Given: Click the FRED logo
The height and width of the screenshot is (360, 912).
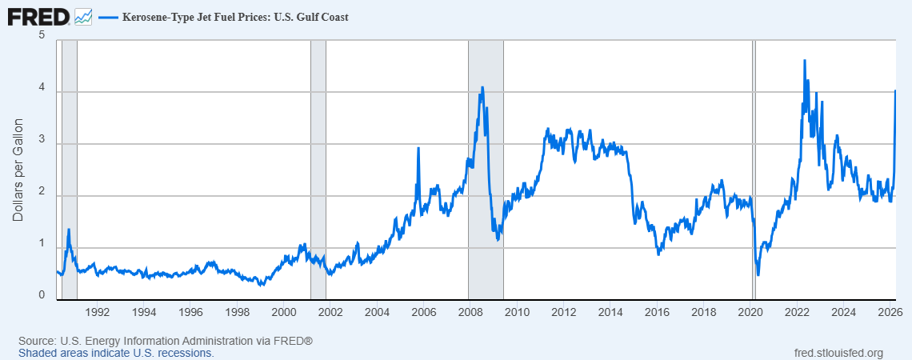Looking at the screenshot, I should [x=38, y=15].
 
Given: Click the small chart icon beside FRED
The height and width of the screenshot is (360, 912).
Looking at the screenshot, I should [x=82, y=16].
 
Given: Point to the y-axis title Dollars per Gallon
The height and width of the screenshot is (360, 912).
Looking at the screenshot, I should [x=18, y=170].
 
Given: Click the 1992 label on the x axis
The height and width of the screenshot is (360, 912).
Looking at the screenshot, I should [x=97, y=311].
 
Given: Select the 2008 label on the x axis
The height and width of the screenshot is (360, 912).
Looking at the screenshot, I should [x=470, y=311].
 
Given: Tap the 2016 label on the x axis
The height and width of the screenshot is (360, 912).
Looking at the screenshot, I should [x=657, y=311].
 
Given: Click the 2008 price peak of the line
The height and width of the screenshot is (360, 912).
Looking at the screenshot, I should [x=482, y=87].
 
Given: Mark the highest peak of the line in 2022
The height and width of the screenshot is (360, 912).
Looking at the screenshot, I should [x=804, y=61].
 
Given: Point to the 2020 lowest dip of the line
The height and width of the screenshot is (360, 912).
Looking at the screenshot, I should [x=758, y=274].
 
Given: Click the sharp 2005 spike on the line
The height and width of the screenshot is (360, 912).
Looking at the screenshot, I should [x=418, y=148].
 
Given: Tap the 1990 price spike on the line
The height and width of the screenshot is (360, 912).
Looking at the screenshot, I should [x=69, y=230].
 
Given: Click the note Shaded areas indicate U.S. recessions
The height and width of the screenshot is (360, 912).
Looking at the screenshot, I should [x=116, y=353].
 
